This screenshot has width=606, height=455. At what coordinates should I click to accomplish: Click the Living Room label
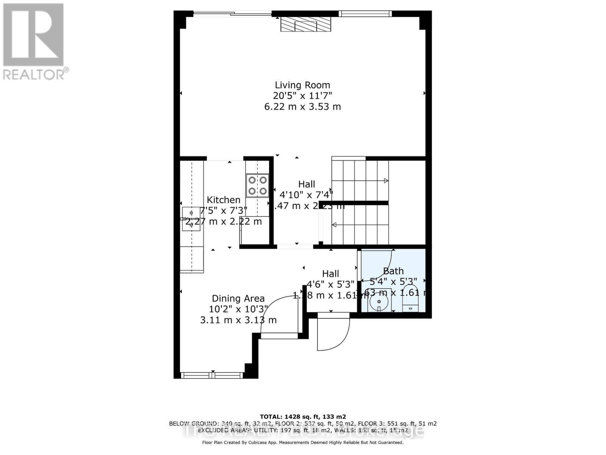(302, 85)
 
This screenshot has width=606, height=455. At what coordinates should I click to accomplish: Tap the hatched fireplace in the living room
(305, 25)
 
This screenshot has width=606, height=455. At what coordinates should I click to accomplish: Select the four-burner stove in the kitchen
(258, 185)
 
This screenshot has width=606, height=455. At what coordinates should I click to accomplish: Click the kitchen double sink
(191, 219)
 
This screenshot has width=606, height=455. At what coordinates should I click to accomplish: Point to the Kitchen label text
(223, 200)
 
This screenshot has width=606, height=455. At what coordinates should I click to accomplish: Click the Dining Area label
(238, 299)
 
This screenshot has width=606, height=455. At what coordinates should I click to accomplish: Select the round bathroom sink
(379, 302)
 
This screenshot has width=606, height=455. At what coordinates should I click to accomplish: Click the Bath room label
(393, 271)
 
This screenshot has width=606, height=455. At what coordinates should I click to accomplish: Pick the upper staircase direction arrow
(386, 181)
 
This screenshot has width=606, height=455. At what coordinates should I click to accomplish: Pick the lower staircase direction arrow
(334, 225)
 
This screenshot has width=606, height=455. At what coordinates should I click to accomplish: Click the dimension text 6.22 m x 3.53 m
(302, 107)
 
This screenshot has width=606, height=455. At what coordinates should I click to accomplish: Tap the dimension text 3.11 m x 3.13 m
(238, 320)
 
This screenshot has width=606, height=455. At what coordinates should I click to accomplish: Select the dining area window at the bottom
(212, 375)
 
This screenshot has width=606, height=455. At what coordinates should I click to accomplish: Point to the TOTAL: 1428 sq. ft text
(303, 417)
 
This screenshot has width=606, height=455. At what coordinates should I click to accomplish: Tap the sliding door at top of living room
(233, 14)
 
